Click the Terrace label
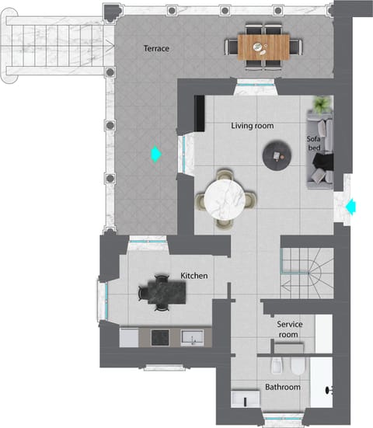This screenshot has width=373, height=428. [156, 48]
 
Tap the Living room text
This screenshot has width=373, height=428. [252, 125]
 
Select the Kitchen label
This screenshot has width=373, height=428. [193, 276]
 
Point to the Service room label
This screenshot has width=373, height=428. [289, 329]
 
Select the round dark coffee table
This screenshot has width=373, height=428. [277, 155]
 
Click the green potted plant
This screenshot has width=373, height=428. [322, 105]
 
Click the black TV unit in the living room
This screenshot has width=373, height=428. [200, 115]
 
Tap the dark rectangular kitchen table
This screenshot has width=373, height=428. [162, 292]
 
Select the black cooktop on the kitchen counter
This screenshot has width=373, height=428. [160, 336]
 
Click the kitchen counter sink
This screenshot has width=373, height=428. [191, 336]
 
